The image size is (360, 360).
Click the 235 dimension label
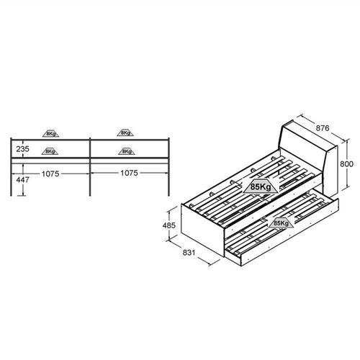point(22,149)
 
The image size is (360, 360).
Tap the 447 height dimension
point(22,180)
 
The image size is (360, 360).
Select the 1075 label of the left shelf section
point(50,174)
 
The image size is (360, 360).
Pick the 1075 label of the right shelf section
point(129,173)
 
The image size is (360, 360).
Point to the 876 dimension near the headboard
point(323,128)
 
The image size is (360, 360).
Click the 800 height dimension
point(346,164)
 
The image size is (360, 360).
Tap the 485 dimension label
point(169,225)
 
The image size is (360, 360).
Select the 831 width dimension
point(189,253)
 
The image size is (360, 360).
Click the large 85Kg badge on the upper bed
point(261,186)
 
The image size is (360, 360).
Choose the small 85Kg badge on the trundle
point(281,223)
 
